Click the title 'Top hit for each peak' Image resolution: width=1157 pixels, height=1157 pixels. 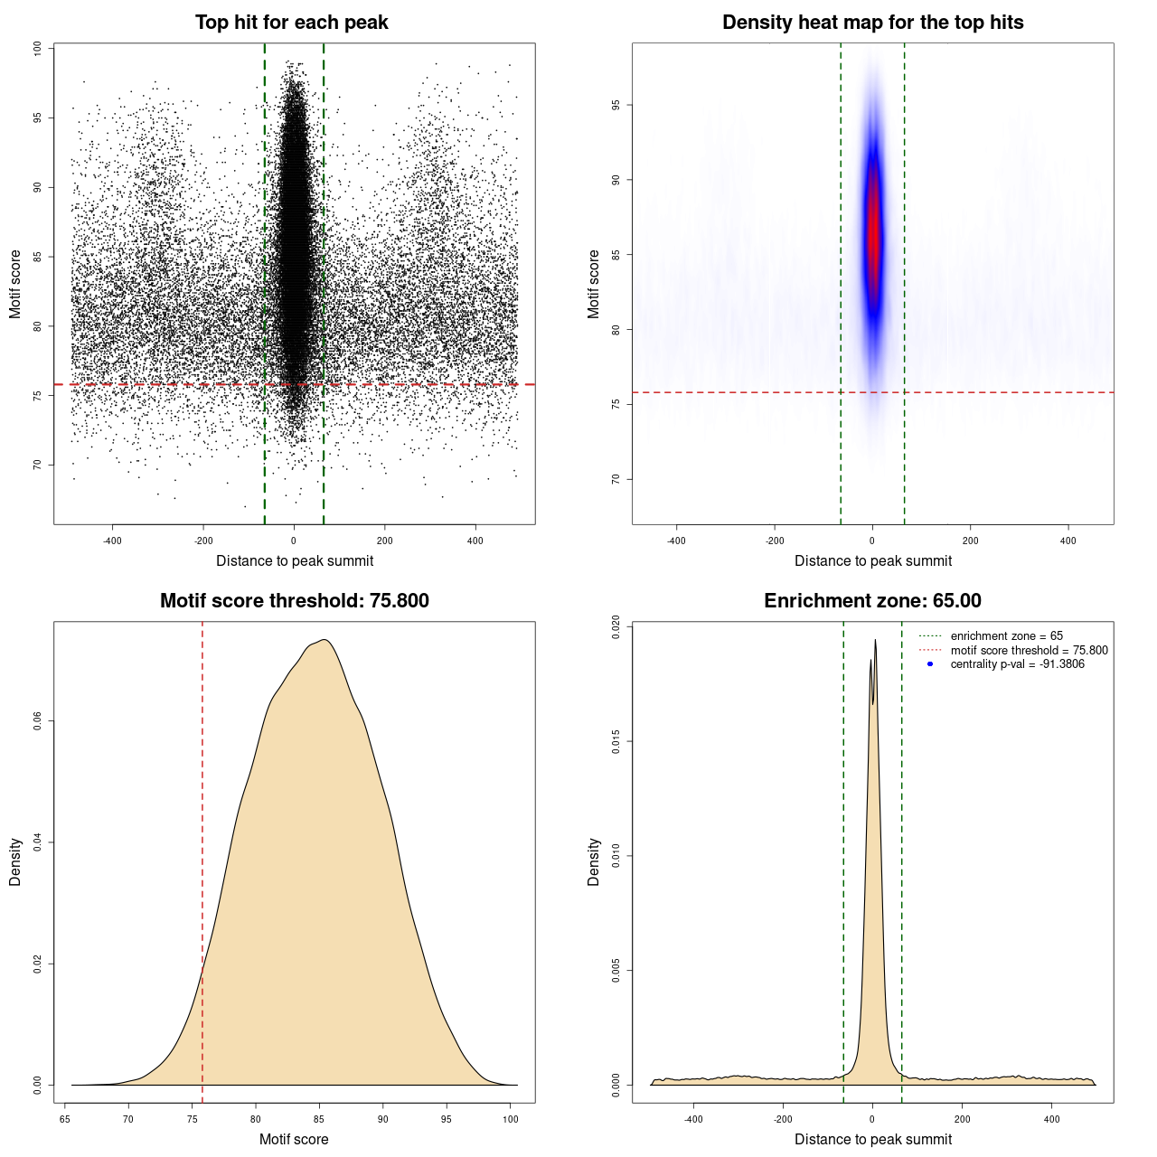(x=291, y=23)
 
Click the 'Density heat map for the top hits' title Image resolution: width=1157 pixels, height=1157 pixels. (x=872, y=23)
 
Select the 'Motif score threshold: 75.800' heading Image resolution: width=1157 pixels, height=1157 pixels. (x=294, y=601)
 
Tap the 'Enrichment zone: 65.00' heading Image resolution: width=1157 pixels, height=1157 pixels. (x=872, y=601)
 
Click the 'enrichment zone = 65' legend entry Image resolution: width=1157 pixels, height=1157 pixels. (x=1006, y=636)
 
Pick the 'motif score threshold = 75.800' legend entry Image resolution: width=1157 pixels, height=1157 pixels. (x=1029, y=650)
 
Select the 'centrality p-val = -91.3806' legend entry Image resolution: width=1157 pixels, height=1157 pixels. (x=1017, y=664)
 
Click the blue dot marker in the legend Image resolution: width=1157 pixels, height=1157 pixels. (x=930, y=664)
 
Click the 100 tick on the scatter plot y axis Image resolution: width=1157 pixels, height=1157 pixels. (x=37, y=49)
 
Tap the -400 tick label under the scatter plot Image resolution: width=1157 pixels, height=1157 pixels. (x=112, y=541)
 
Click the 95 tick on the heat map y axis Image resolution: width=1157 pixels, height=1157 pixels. (x=616, y=106)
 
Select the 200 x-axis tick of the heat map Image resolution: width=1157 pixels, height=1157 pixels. (x=970, y=541)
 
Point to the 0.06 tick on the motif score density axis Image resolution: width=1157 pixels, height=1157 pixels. (x=37, y=721)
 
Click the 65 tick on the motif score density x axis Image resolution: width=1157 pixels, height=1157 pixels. (x=65, y=1119)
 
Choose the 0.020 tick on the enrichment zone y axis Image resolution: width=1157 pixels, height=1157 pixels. (x=616, y=627)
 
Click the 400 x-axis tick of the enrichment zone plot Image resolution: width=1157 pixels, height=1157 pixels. (x=1051, y=1119)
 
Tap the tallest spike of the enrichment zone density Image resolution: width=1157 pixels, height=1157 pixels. (x=875, y=641)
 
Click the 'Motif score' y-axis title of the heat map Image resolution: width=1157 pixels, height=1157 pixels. (x=594, y=284)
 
